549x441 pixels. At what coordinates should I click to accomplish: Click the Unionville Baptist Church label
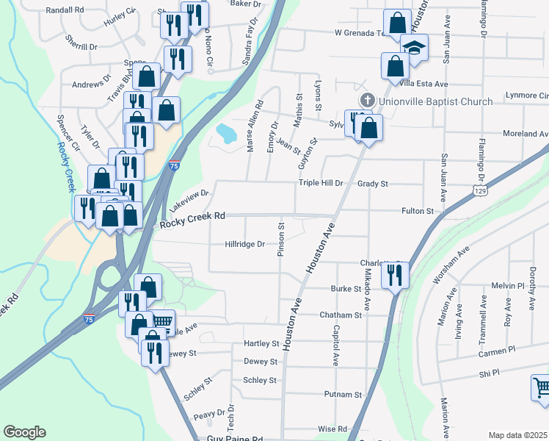pyautogui.click(x=436, y=101)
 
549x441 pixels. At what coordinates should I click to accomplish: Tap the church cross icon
pyautogui.click(x=366, y=100)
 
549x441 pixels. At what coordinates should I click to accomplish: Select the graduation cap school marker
pyautogui.click(x=415, y=49)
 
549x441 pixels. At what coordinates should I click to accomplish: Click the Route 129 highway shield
pyautogui.click(x=479, y=190)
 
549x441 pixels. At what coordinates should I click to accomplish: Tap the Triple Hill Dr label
pyautogui.click(x=320, y=183)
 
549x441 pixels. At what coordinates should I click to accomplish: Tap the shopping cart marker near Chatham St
pyautogui.click(x=163, y=321)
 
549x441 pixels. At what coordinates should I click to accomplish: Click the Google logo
pyautogui.click(x=24, y=432)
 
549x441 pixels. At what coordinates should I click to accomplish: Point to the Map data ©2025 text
pyautogui.click(x=518, y=435)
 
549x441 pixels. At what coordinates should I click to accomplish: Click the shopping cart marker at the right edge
pyautogui.click(x=541, y=387)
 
